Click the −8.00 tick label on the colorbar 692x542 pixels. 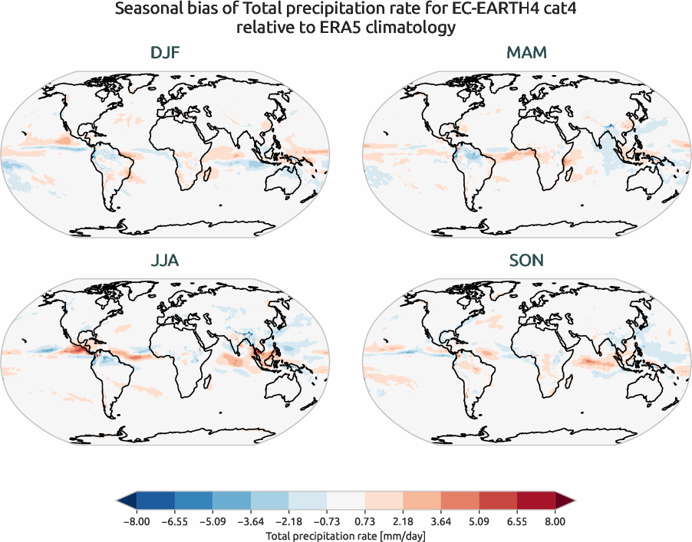point(137,521)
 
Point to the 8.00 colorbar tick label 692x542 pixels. point(555,521)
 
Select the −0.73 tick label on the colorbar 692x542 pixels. point(328,521)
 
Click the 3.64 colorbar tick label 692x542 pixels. point(441,521)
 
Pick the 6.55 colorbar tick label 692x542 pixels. point(517,521)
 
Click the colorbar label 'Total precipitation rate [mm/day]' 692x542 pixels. point(345,535)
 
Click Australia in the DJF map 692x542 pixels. point(284,179)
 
